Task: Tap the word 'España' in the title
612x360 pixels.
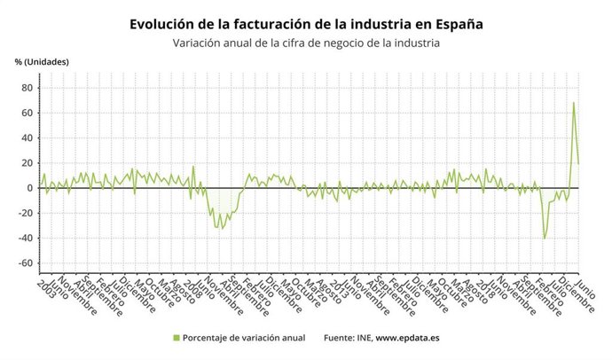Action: (x=456, y=23)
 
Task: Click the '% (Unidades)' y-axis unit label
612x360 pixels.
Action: (x=42, y=61)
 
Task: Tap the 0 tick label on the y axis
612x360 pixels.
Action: (x=29, y=188)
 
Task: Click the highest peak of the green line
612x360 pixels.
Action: (x=573, y=103)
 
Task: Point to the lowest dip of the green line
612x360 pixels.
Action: (x=544, y=239)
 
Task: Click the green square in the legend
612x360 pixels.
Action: (x=176, y=338)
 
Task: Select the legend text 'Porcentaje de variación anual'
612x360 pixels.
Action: (x=244, y=338)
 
